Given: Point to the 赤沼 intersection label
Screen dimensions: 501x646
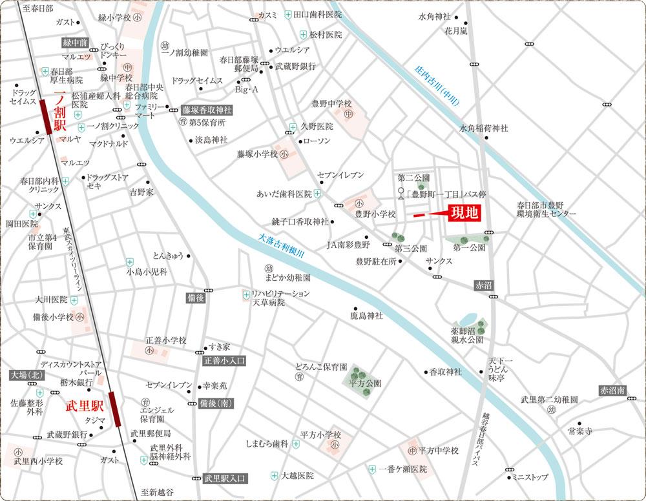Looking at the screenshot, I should [x=483, y=284].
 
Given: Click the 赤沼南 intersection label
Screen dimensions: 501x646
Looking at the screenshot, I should [x=612, y=391].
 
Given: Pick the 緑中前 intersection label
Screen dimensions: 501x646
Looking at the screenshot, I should [x=75, y=43].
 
